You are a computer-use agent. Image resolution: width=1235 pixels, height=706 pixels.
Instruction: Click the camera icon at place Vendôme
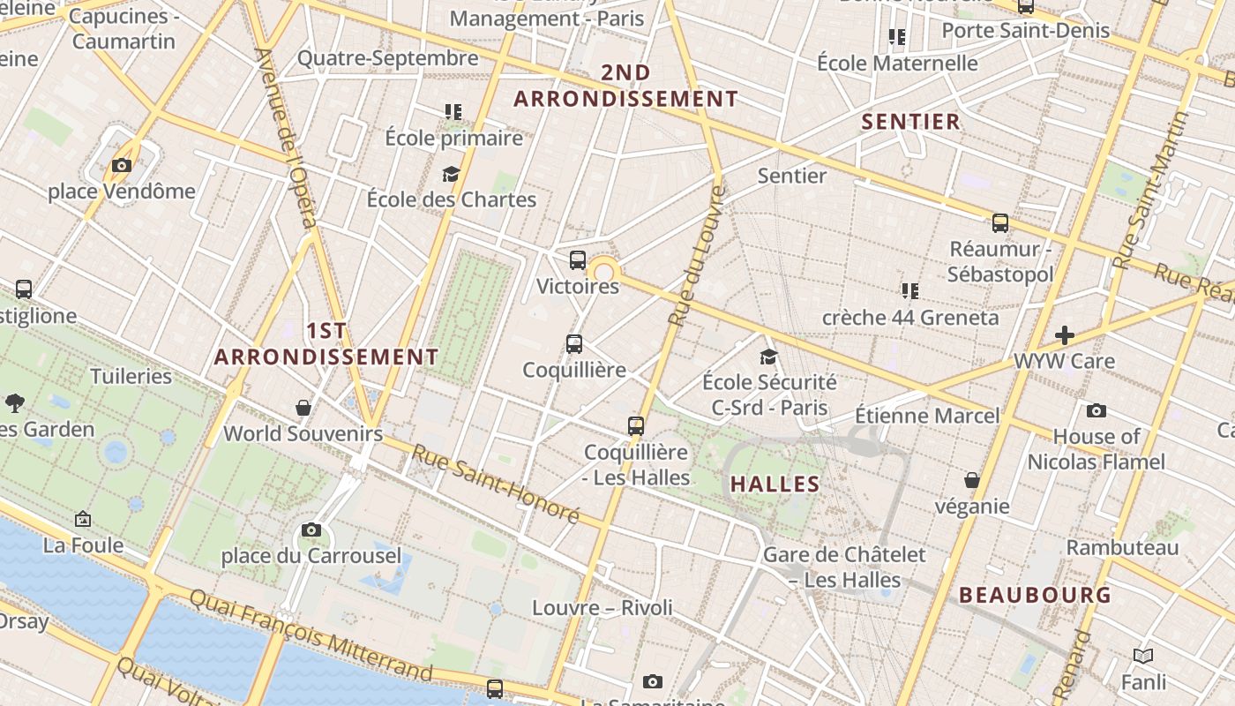[x=122, y=165]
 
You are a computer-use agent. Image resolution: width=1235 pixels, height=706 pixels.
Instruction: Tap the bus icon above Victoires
[x=578, y=259]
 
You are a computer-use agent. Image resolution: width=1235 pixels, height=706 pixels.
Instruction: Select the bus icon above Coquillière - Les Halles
[x=636, y=425]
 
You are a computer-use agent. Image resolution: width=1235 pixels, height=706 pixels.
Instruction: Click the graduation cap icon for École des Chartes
[x=452, y=173]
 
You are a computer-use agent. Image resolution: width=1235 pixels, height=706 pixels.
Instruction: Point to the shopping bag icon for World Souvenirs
[x=303, y=407]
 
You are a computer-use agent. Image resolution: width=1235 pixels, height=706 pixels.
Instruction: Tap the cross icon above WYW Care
[x=1065, y=335]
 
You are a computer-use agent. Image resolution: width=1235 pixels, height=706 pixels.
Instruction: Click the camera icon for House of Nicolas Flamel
[x=1097, y=410]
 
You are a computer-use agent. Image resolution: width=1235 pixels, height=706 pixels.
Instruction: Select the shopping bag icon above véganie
[x=972, y=480]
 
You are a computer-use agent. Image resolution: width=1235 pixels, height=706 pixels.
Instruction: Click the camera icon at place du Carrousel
[x=311, y=529]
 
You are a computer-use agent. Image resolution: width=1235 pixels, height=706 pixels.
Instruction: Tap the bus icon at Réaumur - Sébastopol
[x=1000, y=222]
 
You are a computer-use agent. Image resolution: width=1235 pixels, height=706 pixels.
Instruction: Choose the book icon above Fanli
[x=1143, y=656]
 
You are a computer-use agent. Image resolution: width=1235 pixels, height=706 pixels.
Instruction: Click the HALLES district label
[x=775, y=484]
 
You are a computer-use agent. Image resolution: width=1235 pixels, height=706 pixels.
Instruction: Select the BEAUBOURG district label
[x=1036, y=595]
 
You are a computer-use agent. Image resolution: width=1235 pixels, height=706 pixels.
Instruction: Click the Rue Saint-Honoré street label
[x=496, y=484]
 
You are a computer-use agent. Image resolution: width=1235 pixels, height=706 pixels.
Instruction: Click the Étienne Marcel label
[x=927, y=415]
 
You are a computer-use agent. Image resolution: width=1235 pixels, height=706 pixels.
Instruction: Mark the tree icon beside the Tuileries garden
[x=14, y=403]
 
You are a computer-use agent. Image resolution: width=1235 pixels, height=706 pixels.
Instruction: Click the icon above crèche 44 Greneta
[x=910, y=290]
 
